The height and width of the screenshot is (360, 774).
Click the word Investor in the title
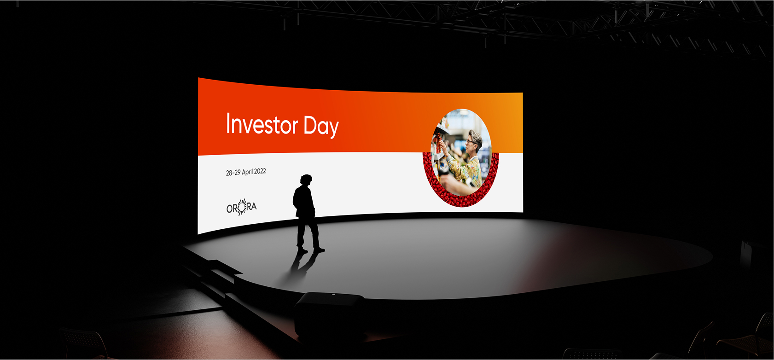[262, 124]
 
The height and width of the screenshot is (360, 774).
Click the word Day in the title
[321, 127]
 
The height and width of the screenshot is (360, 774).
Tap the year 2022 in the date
[260, 171]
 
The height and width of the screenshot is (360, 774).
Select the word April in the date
[247, 172]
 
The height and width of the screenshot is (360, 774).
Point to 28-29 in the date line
[233, 173]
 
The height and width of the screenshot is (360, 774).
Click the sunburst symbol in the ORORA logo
[242, 207]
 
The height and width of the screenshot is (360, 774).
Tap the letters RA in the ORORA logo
[251, 207]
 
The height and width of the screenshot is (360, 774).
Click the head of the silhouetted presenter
[306, 180]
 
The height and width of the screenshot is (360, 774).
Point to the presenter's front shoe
[319, 250]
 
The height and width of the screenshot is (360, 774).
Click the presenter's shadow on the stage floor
[301, 264]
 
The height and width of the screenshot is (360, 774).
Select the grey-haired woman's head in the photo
[475, 140]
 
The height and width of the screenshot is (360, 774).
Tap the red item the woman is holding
[439, 143]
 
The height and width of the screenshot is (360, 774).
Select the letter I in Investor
[228, 123]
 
